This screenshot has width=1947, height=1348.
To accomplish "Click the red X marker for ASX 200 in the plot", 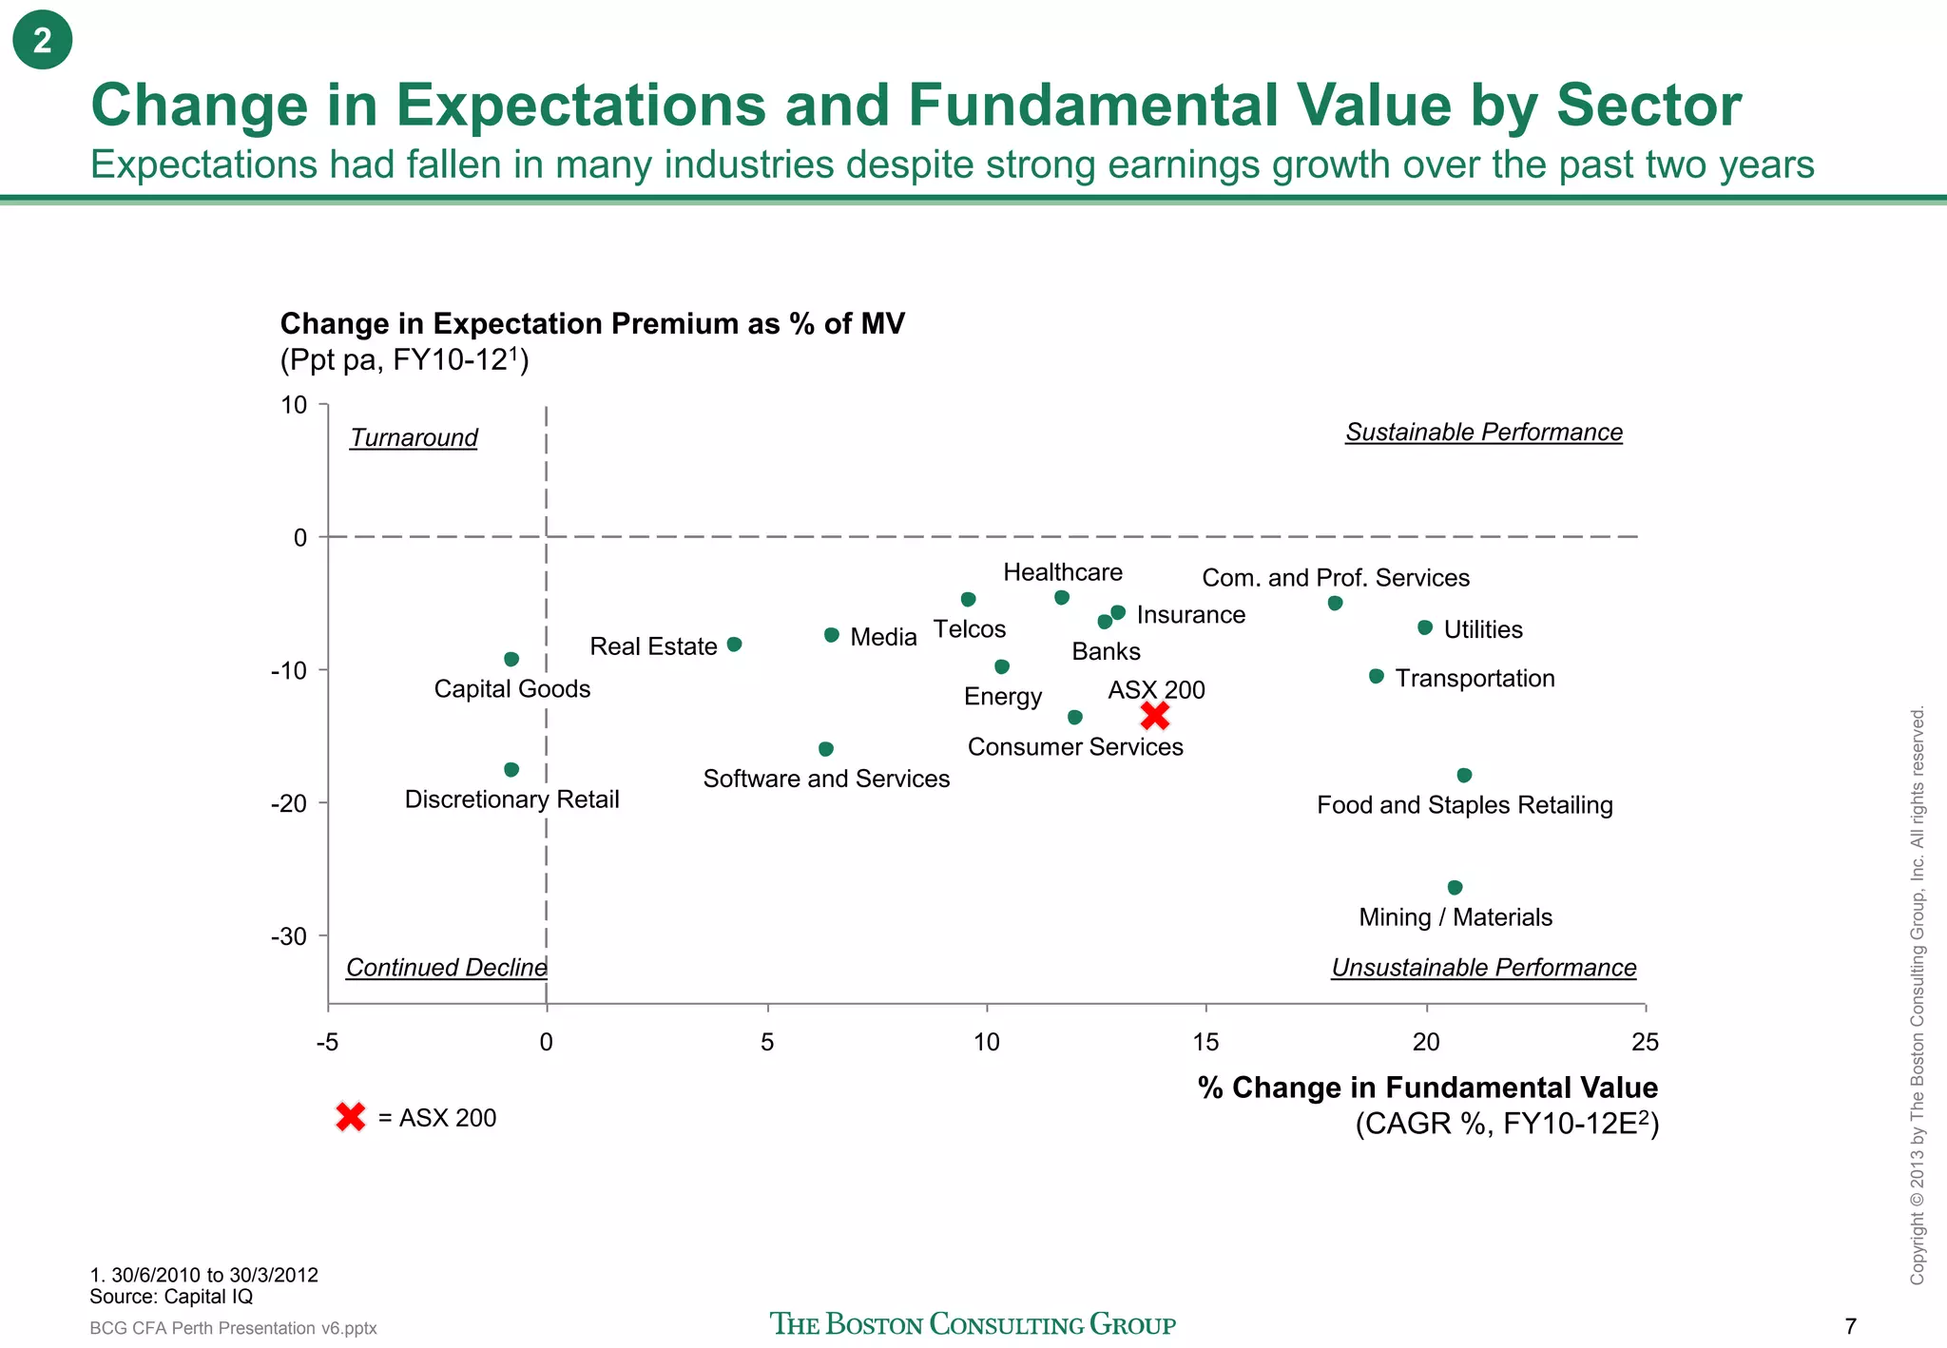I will [1154, 715].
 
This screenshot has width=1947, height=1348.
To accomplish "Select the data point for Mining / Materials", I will [1455, 888].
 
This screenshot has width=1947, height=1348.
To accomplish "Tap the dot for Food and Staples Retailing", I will [1464, 776].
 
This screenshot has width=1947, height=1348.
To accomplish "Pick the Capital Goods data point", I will [511, 660].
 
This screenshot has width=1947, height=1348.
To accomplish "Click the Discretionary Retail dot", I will [511, 769].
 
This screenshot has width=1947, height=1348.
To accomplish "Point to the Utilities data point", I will [1425, 627].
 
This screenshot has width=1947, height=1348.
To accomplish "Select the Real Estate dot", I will [734, 645].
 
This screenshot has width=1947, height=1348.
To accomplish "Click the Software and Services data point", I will [826, 749].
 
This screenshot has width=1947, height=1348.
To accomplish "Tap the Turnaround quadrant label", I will [414, 438].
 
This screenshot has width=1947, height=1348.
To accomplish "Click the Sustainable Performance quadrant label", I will [1483, 433].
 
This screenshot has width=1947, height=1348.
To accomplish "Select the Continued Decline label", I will [446, 968].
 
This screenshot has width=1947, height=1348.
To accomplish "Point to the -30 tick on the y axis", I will [289, 936].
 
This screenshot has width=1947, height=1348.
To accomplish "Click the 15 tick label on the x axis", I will [1205, 1043].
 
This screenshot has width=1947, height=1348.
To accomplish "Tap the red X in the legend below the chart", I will [351, 1117].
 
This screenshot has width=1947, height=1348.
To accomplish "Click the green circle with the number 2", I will [43, 41].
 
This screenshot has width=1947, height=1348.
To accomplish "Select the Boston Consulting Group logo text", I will [973, 1324].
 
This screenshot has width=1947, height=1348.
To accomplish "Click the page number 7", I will [1850, 1326].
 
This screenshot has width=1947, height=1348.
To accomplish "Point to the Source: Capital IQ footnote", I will [171, 1297].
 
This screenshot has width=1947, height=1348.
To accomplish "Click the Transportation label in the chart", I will [1475, 679].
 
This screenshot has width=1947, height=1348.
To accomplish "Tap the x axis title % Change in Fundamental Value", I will [1427, 1088].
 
